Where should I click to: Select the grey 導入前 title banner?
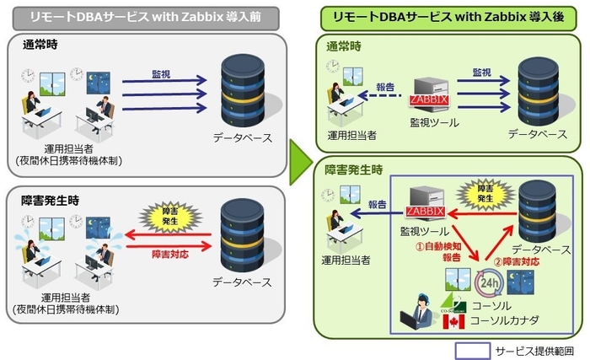click(x=144, y=17)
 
